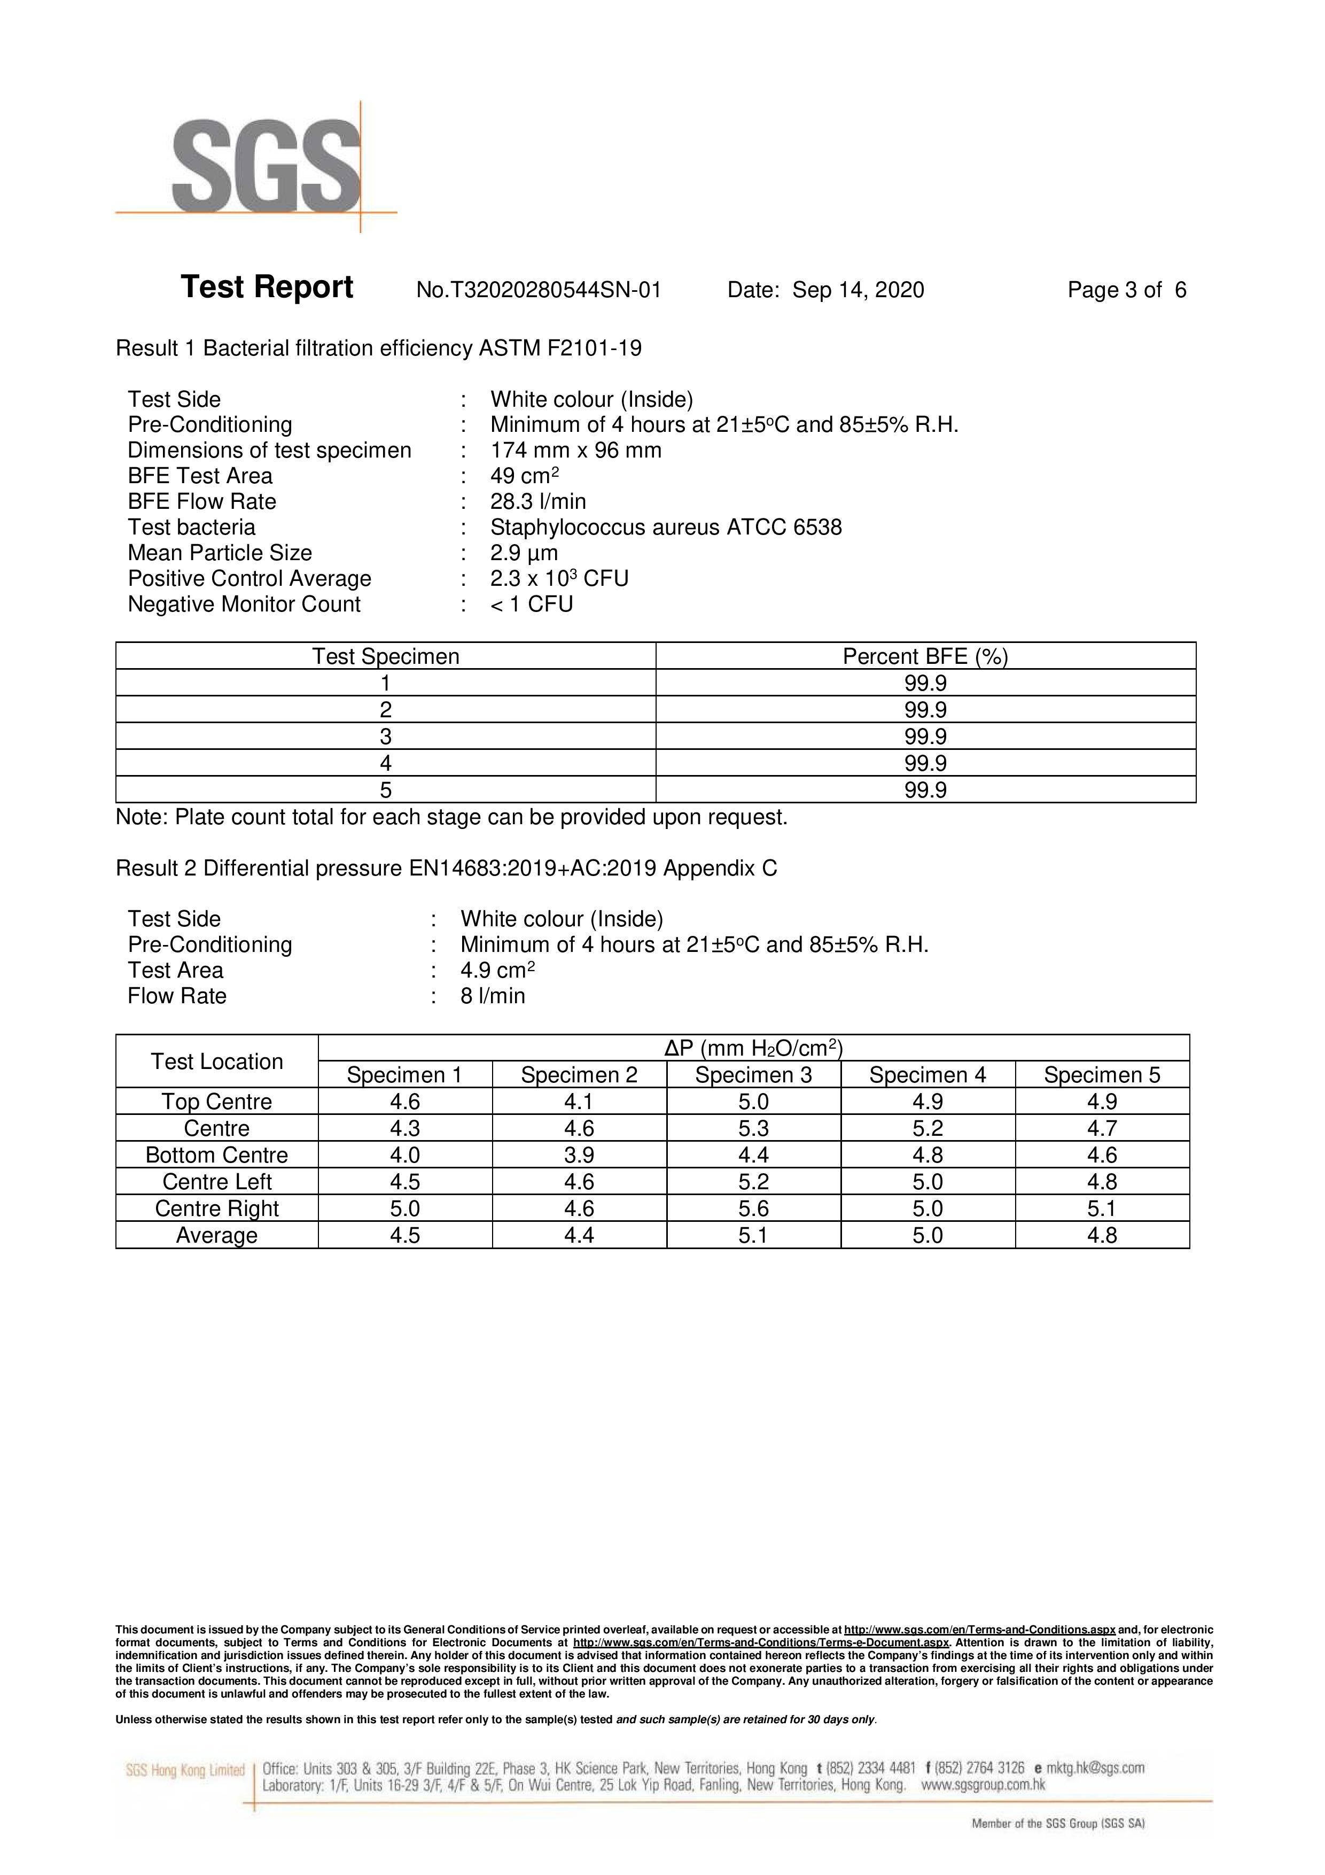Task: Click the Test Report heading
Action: point(267,288)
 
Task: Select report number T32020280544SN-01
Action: point(539,290)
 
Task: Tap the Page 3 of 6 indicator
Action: point(1127,290)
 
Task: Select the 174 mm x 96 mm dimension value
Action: point(575,451)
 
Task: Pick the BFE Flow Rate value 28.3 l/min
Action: point(538,501)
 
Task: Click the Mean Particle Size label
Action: point(220,553)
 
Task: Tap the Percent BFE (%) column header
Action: point(925,656)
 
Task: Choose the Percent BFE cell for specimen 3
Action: point(925,737)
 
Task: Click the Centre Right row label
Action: point(216,1208)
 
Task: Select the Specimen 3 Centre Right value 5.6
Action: point(753,1208)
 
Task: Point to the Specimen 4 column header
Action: point(927,1075)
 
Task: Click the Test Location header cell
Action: point(216,1062)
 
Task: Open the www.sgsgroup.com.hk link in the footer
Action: point(983,1785)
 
